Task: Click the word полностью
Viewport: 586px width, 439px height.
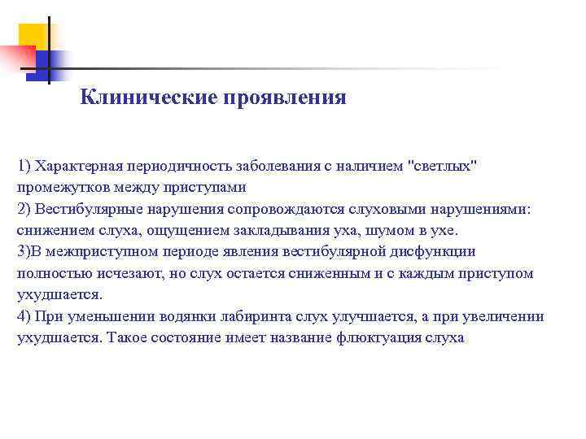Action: (49, 273)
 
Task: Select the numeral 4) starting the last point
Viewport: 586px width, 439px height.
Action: (23, 316)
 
